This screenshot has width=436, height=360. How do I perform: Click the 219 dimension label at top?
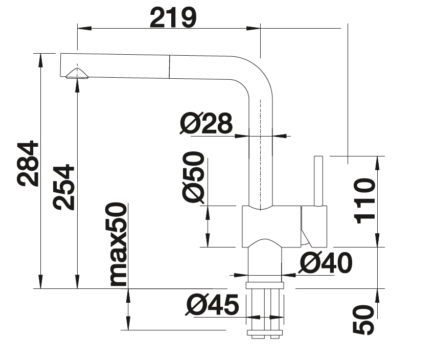173,18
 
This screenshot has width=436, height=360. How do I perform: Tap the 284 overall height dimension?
27,163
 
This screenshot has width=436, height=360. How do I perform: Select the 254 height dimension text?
64,187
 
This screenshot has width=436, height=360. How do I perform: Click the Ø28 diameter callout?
206,123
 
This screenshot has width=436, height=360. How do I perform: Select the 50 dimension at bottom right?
364,320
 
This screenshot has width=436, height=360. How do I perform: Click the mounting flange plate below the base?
264,285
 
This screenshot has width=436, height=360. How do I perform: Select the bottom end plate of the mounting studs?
264,333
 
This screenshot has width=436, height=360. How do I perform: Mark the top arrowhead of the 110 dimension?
378,160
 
